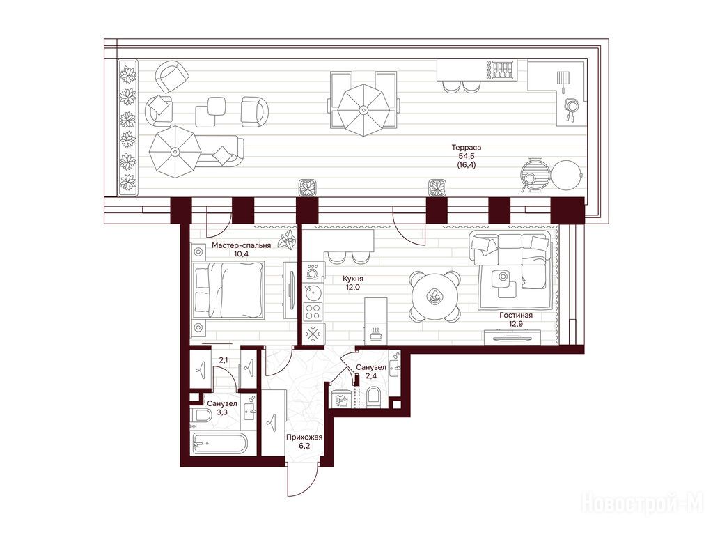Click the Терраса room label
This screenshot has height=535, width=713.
(466, 148)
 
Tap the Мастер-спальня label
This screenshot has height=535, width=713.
(242, 245)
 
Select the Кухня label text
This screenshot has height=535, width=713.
(353, 279)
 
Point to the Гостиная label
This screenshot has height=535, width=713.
(516, 316)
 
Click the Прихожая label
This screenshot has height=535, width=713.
(304, 437)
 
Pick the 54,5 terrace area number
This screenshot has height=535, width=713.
(466, 157)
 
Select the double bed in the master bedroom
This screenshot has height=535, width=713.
(228, 289)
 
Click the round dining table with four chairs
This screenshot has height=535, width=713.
(435, 295)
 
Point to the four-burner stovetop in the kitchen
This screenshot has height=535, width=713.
(313, 312)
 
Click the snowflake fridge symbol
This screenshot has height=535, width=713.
(313, 334)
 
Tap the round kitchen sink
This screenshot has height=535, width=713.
(311, 291)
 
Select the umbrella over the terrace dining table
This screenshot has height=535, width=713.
(363, 109)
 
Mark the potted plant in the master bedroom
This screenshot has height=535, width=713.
(287, 240)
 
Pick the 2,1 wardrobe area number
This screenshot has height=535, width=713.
(224, 360)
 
